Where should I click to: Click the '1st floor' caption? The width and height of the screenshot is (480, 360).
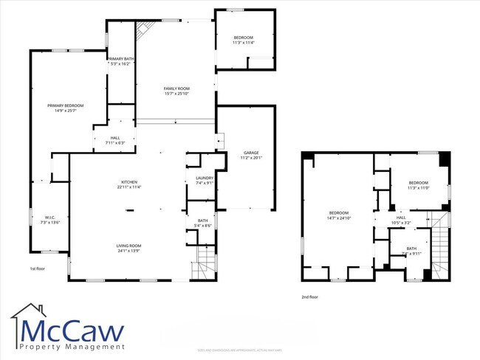[38, 269]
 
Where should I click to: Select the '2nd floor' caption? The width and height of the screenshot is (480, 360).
[309, 297]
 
